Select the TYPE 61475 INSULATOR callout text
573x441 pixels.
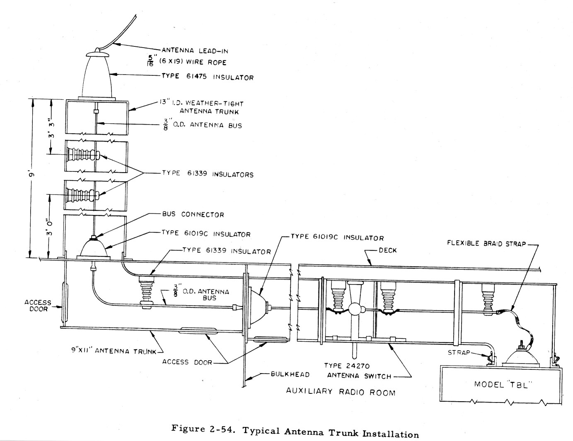coord(208,77)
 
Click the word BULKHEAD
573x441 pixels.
coord(290,374)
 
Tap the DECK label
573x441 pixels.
coord(387,250)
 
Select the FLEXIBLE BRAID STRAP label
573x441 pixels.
coord(486,243)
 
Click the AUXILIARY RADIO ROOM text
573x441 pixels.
coord(341,392)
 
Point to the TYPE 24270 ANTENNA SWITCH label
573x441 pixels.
coord(359,371)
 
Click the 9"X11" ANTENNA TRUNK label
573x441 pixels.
coord(114,351)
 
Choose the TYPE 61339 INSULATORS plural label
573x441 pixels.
coord(208,174)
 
